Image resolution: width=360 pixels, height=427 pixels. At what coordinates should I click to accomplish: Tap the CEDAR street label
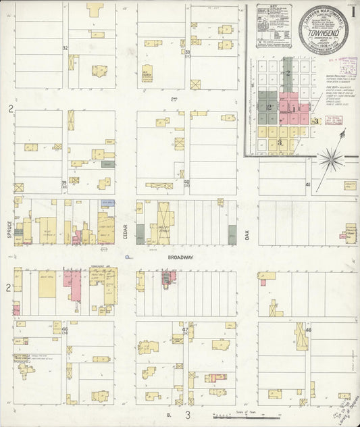126,230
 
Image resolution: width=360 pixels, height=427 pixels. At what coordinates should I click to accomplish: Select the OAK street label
247,234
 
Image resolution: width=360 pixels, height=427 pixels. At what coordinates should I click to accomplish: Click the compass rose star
330,159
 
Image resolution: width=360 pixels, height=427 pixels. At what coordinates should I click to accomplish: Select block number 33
188,52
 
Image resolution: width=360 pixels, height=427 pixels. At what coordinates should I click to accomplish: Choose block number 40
187,182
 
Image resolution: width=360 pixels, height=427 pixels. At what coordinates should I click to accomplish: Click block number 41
308,184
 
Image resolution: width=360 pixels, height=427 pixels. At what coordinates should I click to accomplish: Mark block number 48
317,330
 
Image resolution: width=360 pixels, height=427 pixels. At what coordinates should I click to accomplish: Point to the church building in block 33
147,74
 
